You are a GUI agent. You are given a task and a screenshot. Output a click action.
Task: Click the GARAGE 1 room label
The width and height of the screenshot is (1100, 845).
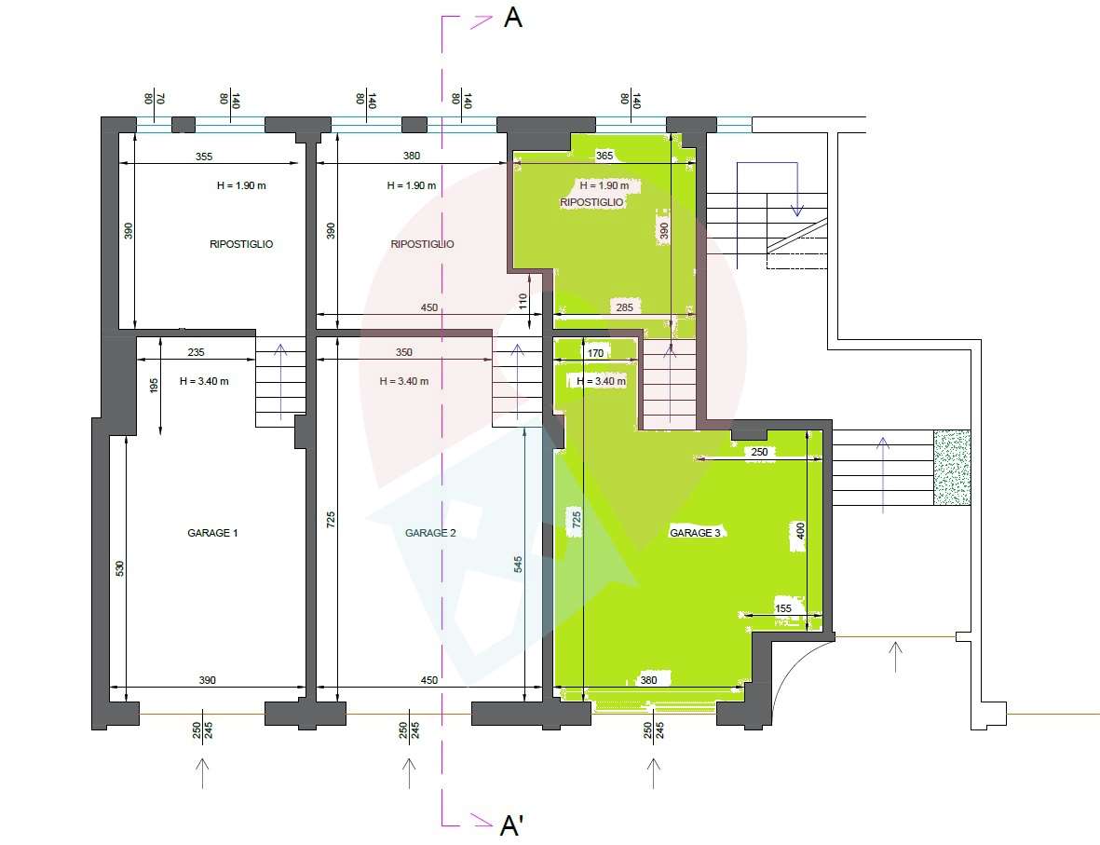[x=212, y=533]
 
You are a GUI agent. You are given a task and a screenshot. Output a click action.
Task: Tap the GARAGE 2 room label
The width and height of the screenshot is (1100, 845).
[x=430, y=533]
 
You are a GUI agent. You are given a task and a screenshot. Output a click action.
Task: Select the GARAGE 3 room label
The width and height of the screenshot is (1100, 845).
[x=695, y=533]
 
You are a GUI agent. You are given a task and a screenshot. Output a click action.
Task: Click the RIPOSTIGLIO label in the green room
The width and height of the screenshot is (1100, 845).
[x=591, y=202]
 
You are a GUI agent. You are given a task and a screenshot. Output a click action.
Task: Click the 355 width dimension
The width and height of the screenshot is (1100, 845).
[x=203, y=157]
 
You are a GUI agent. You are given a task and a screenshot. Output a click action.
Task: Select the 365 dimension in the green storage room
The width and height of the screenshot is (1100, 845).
[x=604, y=156]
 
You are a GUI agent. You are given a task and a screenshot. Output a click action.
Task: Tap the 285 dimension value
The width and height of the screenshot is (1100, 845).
[x=624, y=307]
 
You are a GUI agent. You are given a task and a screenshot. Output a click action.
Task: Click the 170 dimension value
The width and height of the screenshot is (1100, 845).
[x=595, y=353]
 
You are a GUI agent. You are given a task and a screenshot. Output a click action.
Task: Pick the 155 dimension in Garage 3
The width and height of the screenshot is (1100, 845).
[x=783, y=608]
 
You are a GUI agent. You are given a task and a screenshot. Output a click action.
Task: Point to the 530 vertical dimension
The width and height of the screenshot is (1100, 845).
[x=119, y=567]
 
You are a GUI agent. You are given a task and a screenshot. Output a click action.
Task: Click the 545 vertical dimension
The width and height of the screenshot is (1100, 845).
[x=518, y=565]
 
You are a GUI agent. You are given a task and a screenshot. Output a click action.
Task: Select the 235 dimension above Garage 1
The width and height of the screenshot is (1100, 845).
[x=196, y=352]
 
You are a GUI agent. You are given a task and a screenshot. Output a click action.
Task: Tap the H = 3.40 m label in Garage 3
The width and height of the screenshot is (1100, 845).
[x=601, y=381]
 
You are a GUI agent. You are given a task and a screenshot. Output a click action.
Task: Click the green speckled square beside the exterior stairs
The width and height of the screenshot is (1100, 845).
[x=952, y=468]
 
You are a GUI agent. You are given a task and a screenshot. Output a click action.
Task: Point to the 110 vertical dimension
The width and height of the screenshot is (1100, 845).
[x=523, y=302]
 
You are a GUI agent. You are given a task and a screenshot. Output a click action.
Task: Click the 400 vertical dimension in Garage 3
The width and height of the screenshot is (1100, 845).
[x=800, y=531]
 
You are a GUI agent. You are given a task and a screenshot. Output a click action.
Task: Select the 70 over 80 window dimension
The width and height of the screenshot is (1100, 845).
[x=154, y=99]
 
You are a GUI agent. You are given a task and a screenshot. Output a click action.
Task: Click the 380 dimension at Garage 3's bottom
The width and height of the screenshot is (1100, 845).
[x=648, y=680]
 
